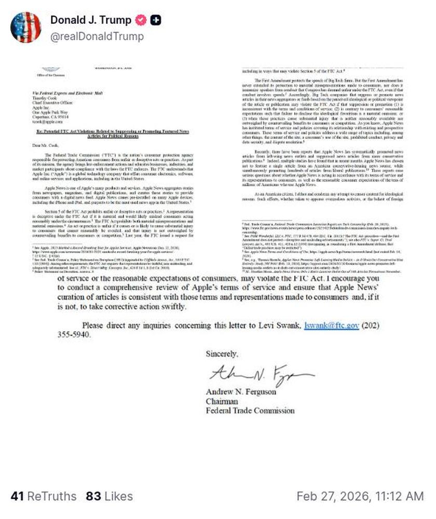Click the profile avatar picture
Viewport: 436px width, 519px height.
tap(25, 27)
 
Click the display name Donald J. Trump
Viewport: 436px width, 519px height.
tap(90, 20)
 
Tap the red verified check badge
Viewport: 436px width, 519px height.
tap(141, 20)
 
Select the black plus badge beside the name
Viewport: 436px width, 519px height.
tap(155, 20)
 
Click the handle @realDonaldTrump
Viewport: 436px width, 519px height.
tap(97, 36)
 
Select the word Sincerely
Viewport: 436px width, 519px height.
tap(222, 354)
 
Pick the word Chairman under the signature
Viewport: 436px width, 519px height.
tap(222, 401)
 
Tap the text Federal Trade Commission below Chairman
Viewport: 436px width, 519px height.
tap(250, 411)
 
